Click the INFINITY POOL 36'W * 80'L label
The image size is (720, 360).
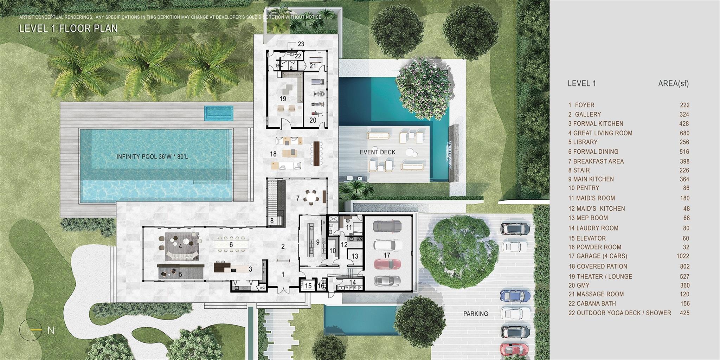click(x=152, y=156)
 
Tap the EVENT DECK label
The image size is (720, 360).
click(x=378, y=152)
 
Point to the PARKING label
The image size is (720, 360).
click(x=476, y=314)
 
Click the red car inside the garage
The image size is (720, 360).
click(x=387, y=264)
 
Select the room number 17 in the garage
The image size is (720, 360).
click(x=387, y=255)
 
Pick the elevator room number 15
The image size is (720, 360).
click(x=308, y=286)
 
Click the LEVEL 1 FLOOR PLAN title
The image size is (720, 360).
click(x=68, y=28)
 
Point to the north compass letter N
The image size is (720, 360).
click(x=51, y=330)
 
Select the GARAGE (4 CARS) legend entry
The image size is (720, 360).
click(x=598, y=256)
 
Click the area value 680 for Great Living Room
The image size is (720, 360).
click(x=684, y=133)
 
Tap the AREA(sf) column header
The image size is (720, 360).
click(x=674, y=84)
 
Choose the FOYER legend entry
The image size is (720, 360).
click(x=581, y=105)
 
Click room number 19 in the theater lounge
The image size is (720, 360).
click(x=283, y=99)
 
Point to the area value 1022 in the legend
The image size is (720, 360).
click(x=683, y=256)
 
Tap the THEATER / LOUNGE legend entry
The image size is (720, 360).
click(x=600, y=277)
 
